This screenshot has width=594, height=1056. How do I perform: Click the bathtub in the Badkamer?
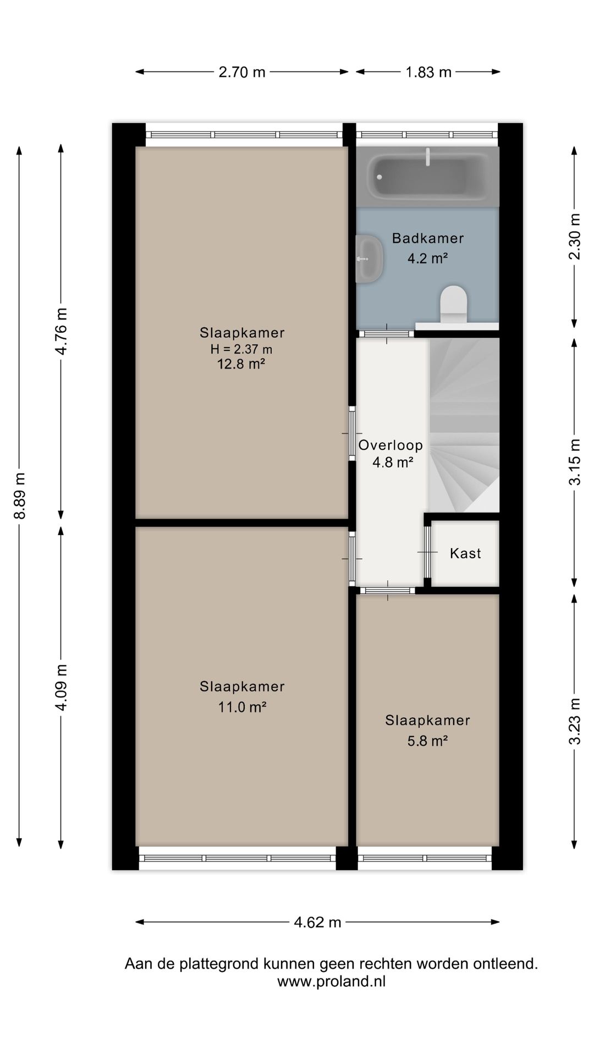click(428, 176)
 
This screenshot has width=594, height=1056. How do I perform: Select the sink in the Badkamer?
click(369, 258)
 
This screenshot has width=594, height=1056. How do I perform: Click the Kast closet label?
click(465, 553)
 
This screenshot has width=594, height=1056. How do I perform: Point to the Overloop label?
click(391, 445)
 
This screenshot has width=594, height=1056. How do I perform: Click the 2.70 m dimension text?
click(242, 72)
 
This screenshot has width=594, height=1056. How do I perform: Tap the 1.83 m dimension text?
click(428, 72)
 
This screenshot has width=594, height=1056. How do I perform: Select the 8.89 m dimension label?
click(20, 496)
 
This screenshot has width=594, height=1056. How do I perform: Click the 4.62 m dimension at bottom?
click(317, 922)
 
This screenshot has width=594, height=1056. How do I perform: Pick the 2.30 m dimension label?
click(574, 237)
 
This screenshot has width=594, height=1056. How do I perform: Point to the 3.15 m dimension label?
click(574, 462)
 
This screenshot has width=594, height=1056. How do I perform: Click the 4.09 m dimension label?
click(61, 687)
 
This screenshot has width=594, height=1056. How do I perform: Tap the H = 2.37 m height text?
click(241, 349)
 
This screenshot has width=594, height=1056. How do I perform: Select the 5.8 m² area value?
click(427, 741)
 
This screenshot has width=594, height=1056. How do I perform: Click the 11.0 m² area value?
click(242, 707)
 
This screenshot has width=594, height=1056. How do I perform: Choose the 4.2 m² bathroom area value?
click(427, 258)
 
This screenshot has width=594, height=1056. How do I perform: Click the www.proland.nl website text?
click(331, 981)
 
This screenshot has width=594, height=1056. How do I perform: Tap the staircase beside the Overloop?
click(464, 425)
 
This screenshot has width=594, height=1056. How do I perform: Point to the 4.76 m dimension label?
click(61, 331)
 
